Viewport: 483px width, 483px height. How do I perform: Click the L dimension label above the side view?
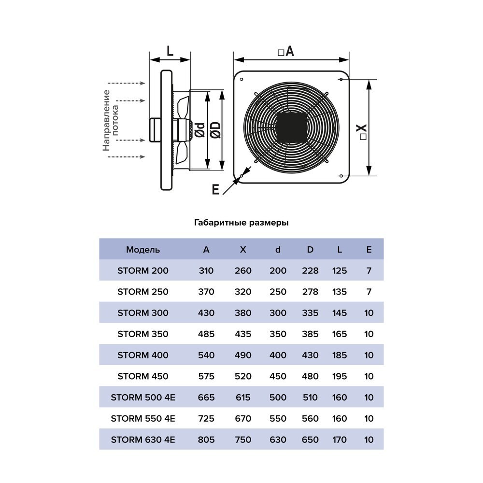[x=170, y=51]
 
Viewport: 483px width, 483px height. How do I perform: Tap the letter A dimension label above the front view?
[x=289, y=51]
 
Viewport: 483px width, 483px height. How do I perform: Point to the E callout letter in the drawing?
[x=215, y=189]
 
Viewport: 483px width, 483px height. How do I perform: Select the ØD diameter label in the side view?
[x=216, y=129]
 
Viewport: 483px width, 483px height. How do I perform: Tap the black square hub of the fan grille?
[x=291, y=127]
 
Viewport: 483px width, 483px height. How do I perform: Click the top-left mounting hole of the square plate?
[x=241, y=79]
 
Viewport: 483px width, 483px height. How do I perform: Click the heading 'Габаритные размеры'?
[x=241, y=223]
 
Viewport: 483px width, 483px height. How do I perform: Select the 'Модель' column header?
[x=143, y=250]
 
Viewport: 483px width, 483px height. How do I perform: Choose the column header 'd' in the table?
[x=278, y=250]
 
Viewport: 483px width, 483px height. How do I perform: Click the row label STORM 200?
[x=143, y=271]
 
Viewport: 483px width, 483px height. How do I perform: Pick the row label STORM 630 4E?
[x=143, y=440]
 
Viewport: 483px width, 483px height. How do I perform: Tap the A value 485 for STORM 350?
[x=206, y=334]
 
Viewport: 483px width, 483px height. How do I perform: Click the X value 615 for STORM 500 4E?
[x=243, y=398]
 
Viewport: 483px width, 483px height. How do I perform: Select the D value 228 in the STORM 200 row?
[x=310, y=271]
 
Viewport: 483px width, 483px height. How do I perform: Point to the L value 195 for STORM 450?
[x=340, y=376]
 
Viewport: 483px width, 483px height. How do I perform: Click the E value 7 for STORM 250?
[x=369, y=292]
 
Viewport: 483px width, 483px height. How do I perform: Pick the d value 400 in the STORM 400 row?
[x=278, y=355]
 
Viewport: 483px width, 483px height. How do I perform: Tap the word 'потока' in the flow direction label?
[x=115, y=120]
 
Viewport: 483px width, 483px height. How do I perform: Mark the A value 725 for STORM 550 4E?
[x=206, y=418]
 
